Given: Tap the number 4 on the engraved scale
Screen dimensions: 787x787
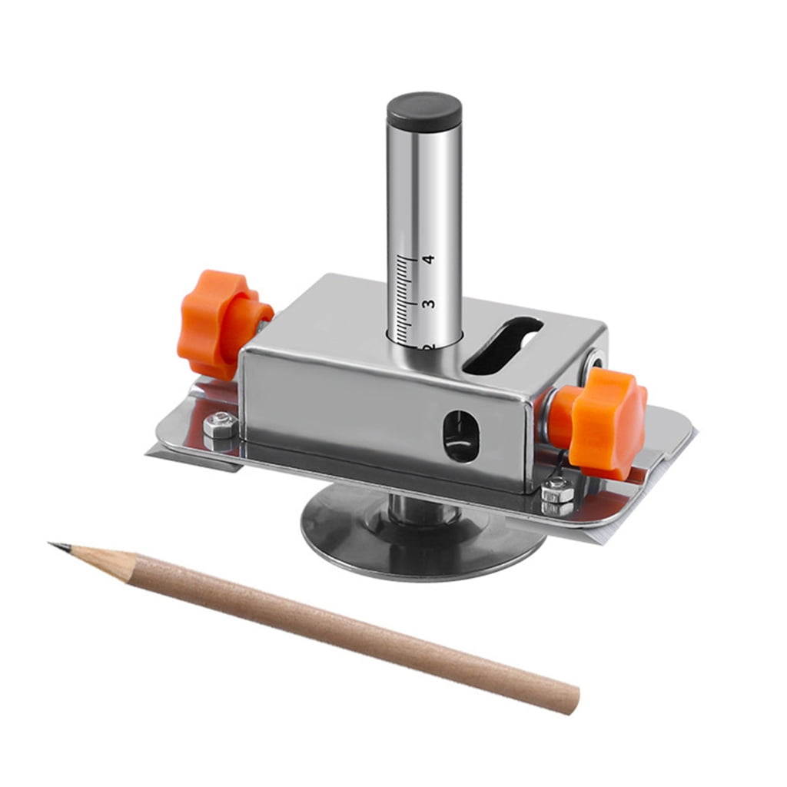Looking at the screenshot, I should coord(429,260).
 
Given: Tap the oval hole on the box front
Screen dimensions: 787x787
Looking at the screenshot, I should coord(460,436).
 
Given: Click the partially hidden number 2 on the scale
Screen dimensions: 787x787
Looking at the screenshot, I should coord(427,348).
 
